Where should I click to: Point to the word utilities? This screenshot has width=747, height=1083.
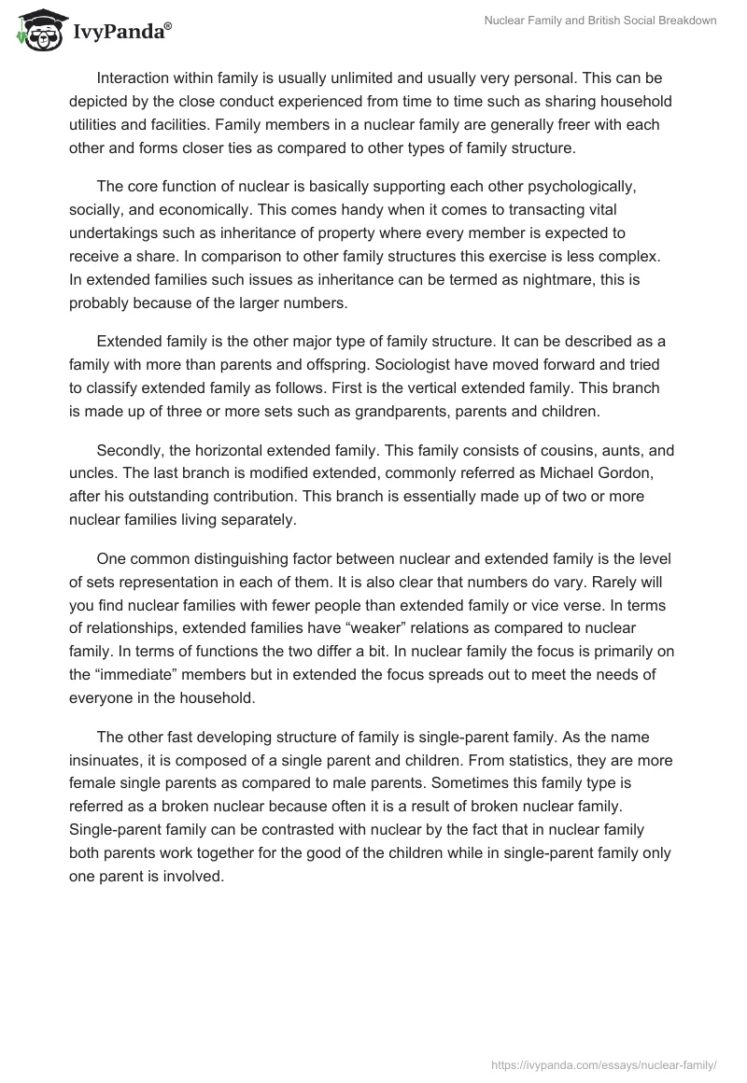pos(97,123)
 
